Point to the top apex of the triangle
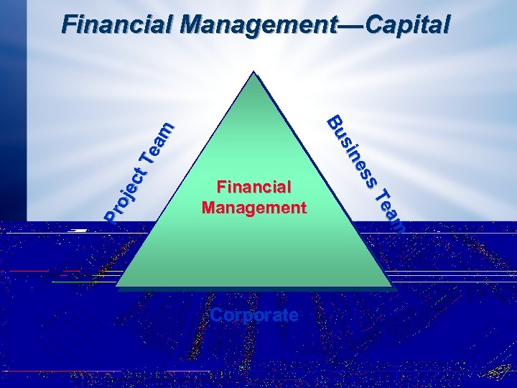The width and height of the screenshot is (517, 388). point(253,73)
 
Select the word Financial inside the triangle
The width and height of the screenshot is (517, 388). point(253,188)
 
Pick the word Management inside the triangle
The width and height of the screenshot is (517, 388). point(253,208)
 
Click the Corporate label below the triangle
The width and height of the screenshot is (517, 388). point(253,315)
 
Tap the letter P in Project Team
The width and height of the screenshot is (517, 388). point(111,213)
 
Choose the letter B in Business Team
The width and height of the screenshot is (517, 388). point(335,123)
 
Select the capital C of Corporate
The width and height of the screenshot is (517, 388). point(217,315)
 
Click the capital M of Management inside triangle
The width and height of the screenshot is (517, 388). point(210,208)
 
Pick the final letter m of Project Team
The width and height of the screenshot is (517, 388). point(166,129)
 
